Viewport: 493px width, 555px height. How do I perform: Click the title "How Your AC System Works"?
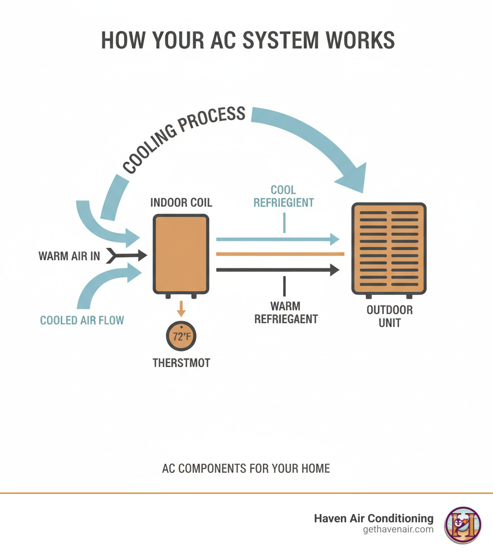tap(247, 41)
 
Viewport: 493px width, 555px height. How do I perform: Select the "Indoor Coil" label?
tap(181, 202)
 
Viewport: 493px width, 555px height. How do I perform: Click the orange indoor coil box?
tap(181, 253)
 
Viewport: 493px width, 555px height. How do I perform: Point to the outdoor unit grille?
tap(389, 248)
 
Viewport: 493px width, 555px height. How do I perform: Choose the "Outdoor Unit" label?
tap(389, 316)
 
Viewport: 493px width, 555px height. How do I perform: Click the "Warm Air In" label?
tap(69, 256)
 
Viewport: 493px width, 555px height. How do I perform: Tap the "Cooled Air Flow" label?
tap(82, 320)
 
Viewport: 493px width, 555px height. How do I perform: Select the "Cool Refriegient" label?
tap(284, 196)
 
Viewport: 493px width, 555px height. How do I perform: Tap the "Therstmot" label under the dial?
tap(182, 363)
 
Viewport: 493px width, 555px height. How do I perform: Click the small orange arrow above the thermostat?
tap(182, 308)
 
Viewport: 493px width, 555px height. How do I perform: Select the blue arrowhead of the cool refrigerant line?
tap(334, 239)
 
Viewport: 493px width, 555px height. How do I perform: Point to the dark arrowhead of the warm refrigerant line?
tap(334, 270)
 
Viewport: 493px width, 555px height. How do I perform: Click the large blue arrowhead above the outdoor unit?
tap(352, 178)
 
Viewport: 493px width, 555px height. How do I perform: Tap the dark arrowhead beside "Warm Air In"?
tap(142, 255)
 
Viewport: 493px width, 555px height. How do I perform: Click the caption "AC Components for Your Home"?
tap(246, 468)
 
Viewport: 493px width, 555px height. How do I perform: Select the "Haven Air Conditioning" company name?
tap(374, 518)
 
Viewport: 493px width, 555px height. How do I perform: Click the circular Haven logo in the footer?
tap(462, 525)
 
